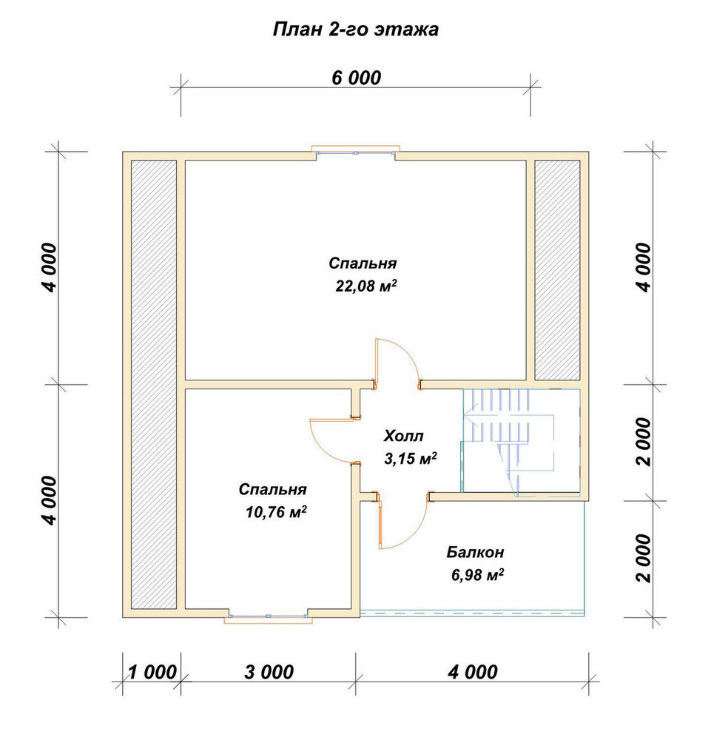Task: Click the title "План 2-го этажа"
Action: [x=356, y=30]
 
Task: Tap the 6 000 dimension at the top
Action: [x=356, y=78]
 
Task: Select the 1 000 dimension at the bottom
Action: [x=152, y=672]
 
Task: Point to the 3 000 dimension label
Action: [x=269, y=672]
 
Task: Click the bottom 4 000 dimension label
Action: [x=473, y=672]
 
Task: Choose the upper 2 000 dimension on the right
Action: [x=644, y=442]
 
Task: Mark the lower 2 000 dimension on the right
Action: [x=644, y=558]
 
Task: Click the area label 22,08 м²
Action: [x=366, y=286]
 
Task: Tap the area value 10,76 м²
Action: [x=276, y=512]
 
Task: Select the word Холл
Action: [x=403, y=436]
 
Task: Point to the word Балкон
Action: [x=476, y=552]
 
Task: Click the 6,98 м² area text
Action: [x=477, y=575]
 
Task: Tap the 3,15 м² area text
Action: [x=411, y=458]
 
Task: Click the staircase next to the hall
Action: [x=520, y=441]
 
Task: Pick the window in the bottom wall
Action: [x=268, y=616]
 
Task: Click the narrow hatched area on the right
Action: [x=557, y=270]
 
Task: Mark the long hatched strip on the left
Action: [x=154, y=385]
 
